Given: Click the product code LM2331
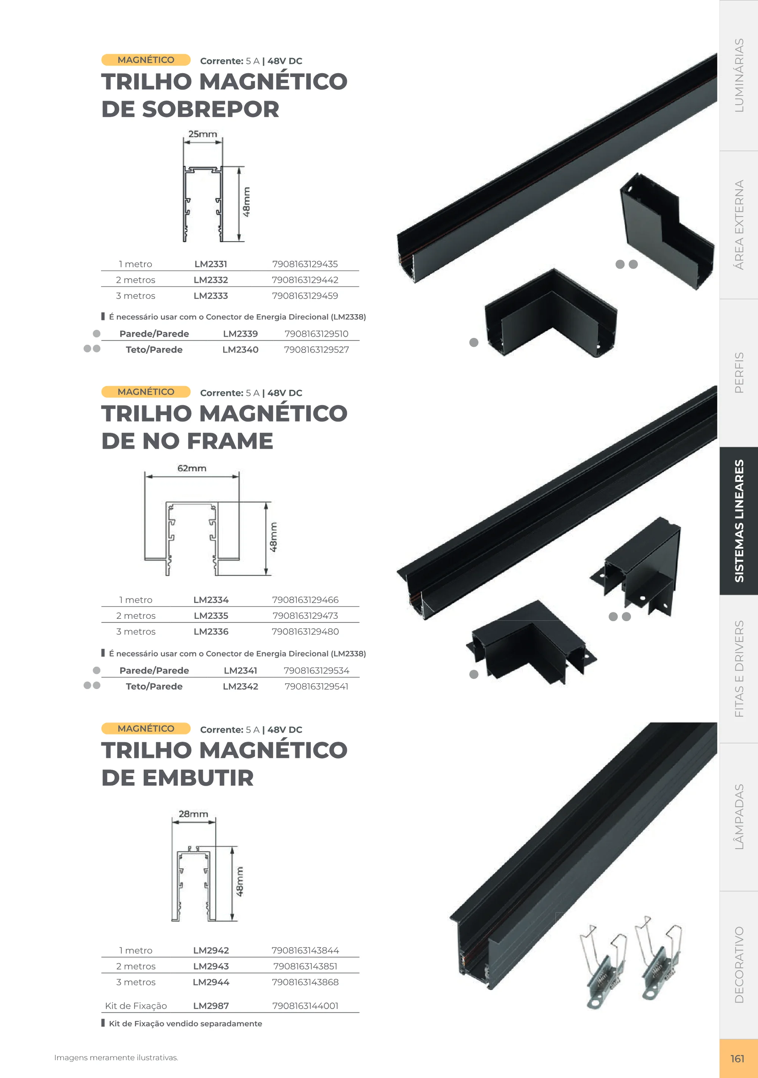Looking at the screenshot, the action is point(211,264).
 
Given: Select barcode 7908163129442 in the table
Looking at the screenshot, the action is point(305,280).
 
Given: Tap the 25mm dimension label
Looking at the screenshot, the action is point(203,134).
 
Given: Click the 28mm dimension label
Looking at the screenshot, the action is point(193,814).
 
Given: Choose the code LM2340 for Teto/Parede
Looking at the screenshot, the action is point(240,349).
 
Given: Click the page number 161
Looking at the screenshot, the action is point(738,1059).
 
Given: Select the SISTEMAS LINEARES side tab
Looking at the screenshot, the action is point(739,521).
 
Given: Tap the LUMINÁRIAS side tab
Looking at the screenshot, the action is point(739,75).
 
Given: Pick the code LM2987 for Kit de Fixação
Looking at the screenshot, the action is point(211,1006).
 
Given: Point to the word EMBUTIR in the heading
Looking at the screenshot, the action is point(198,778).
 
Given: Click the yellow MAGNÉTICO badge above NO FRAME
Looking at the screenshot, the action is point(146,392).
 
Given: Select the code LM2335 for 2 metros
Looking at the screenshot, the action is point(211,615).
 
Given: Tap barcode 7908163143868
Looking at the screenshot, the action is point(305,982).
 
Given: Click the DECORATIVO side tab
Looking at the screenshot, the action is point(739,965).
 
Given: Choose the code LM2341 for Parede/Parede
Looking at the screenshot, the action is point(240,670).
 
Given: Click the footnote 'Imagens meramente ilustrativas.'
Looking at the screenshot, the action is point(116,1058).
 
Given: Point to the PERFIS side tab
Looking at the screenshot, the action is point(739,372).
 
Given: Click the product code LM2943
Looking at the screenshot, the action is point(211,966).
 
